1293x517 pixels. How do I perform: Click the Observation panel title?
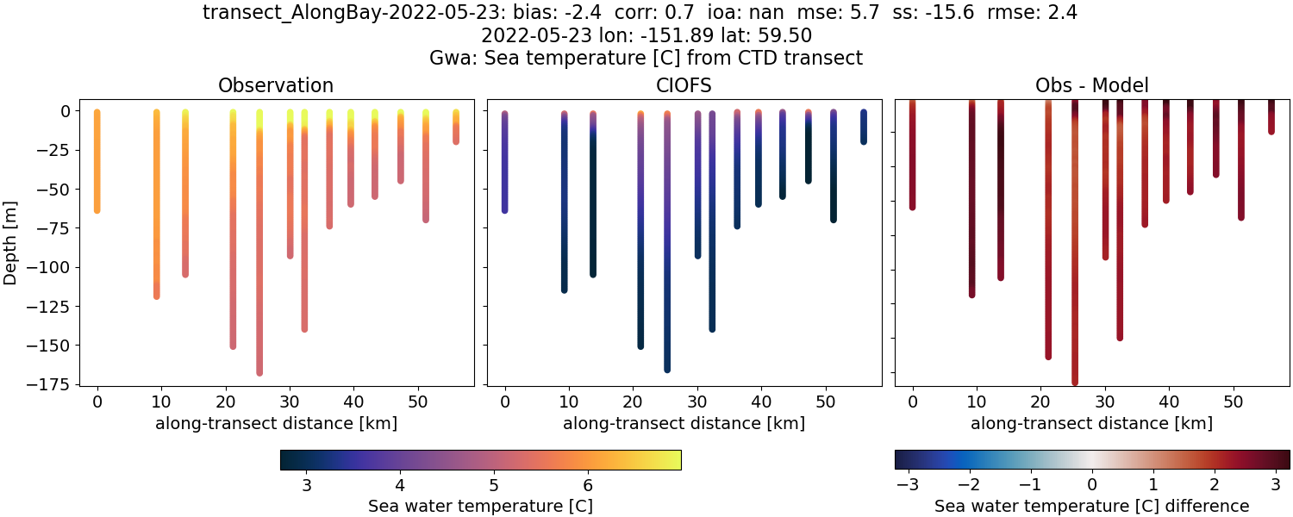276,85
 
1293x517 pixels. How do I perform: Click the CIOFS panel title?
684,85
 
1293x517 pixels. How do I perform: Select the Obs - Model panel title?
1091,85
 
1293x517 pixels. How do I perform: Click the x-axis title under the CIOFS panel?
684,424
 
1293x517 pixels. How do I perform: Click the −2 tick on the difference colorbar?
965,483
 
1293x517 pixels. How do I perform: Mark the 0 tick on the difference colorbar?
1092,483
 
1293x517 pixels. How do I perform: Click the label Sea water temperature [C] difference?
1091,506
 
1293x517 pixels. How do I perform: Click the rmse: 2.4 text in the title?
1029,13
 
